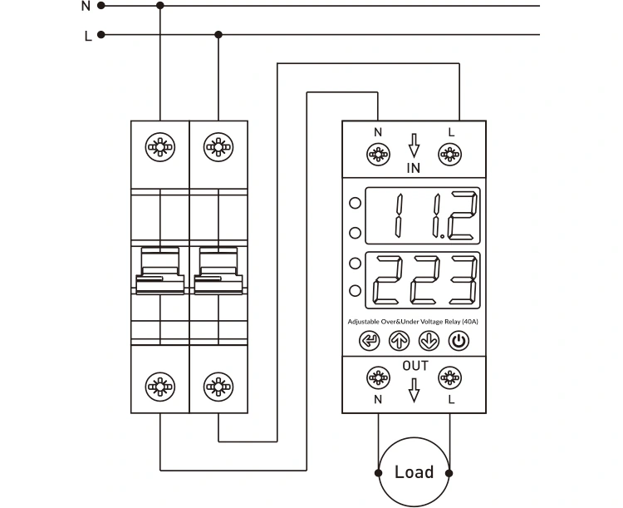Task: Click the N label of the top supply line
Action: point(86,6)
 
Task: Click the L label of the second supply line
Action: point(87,36)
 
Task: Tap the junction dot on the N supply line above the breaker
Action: point(160,5)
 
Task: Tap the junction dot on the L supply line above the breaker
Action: point(218,35)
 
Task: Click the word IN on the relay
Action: point(414,168)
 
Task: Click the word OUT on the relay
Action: point(415,366)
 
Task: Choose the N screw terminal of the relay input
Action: point(378,154)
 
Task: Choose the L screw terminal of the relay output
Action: point(450,379)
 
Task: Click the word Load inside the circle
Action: point(414,472)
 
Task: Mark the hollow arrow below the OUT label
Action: point(415,390)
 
